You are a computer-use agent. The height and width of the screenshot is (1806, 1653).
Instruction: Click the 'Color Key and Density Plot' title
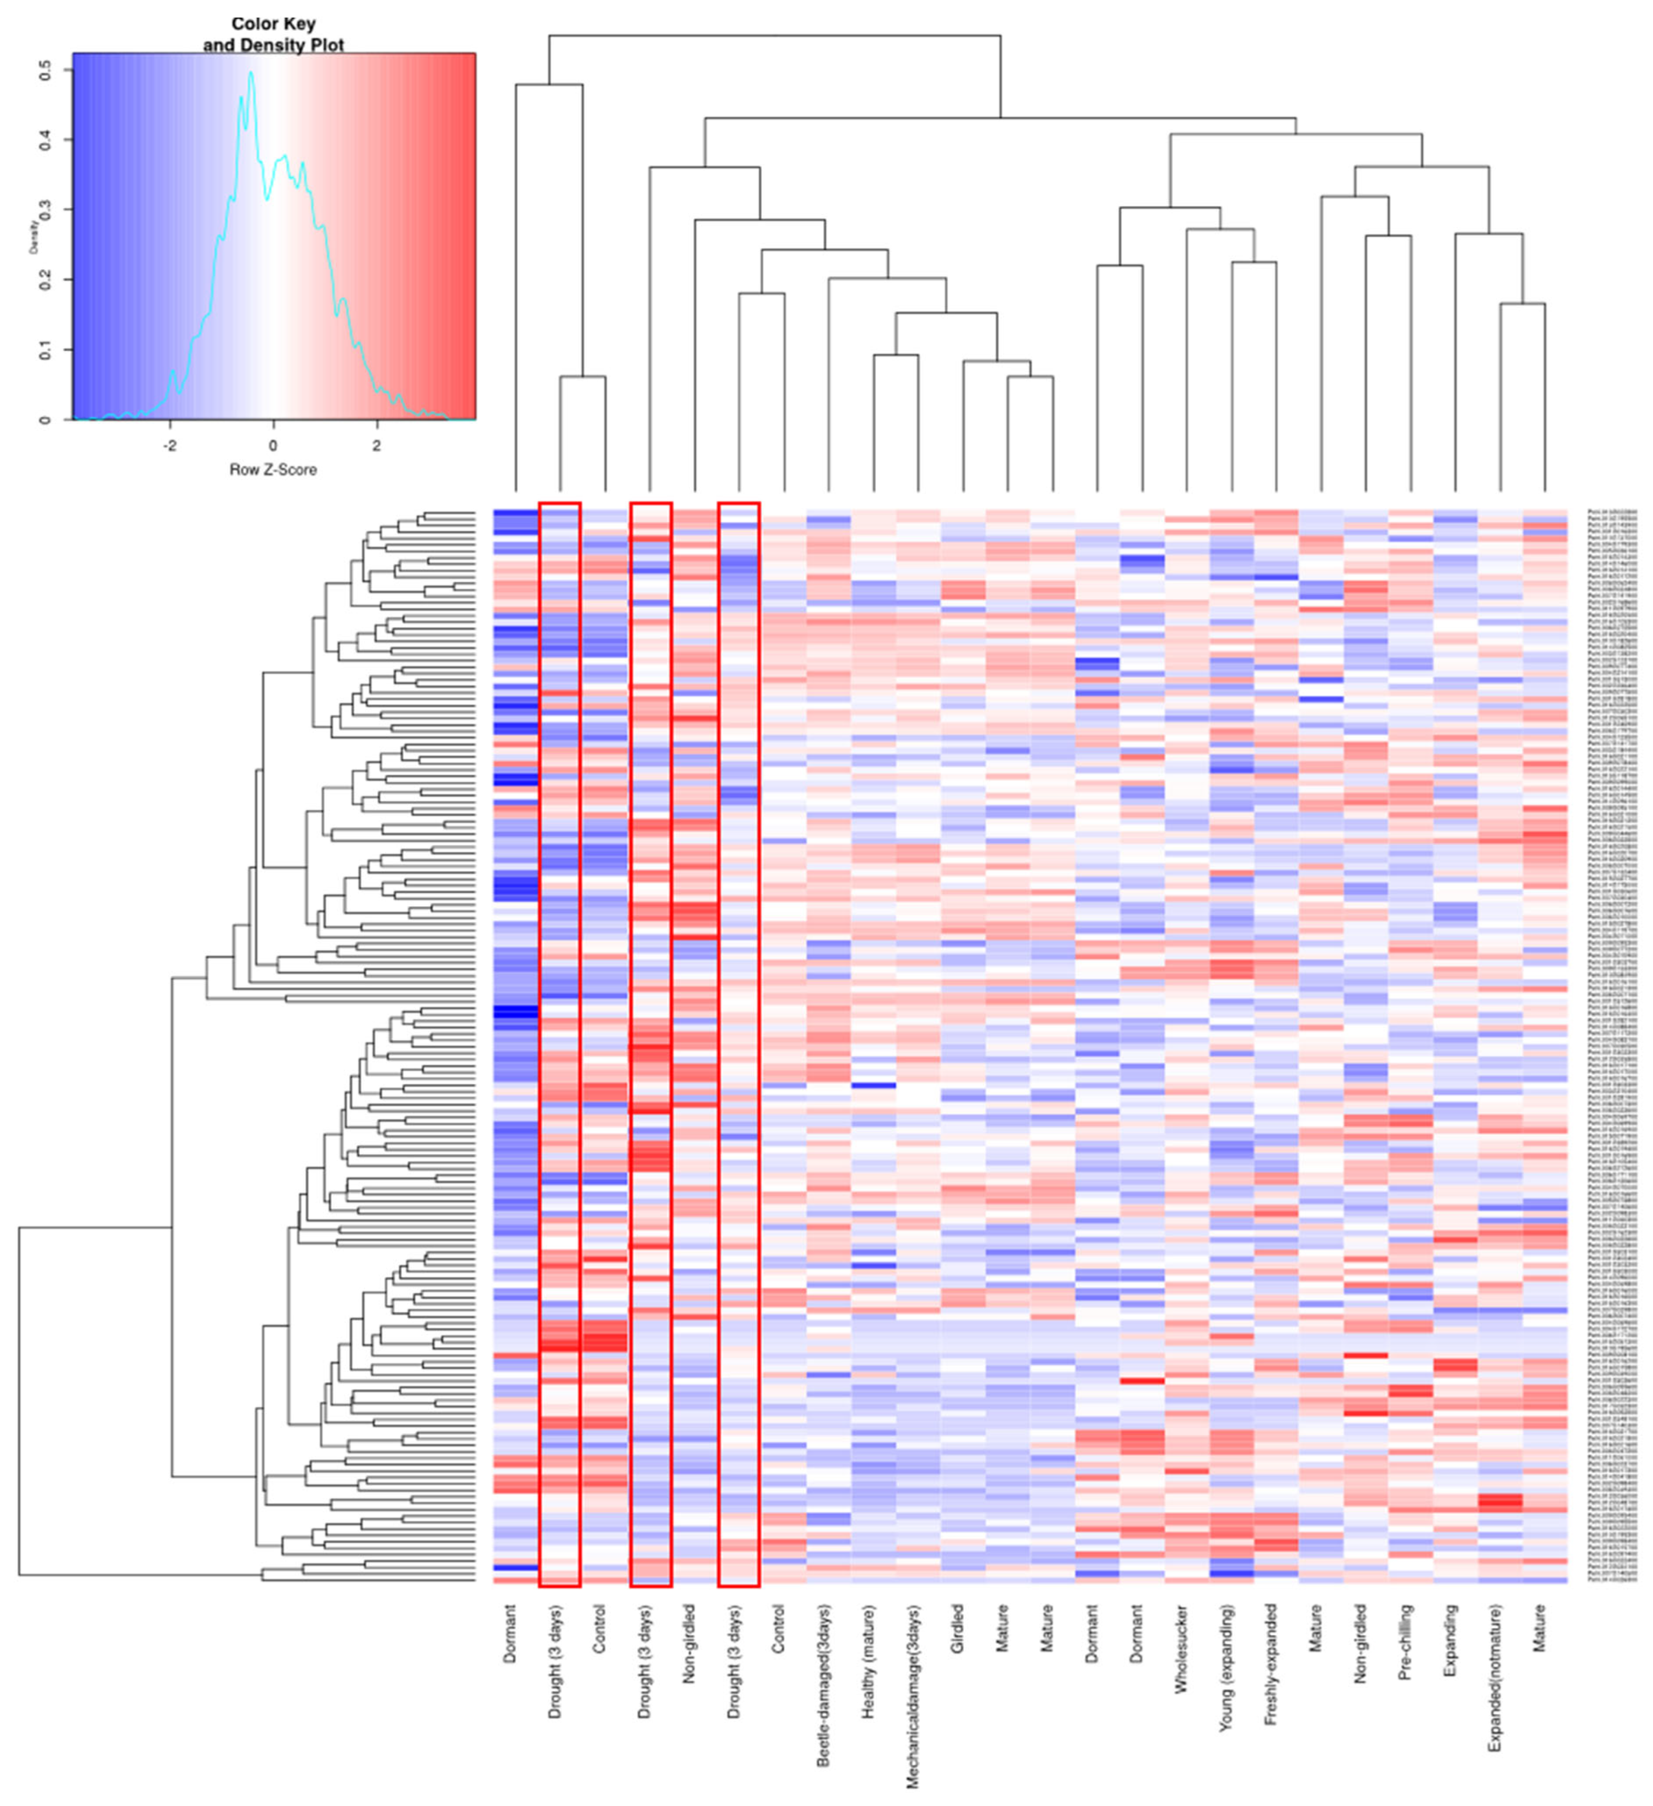pos(273,34)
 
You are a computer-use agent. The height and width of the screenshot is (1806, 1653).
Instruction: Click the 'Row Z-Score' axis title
pos(273,469)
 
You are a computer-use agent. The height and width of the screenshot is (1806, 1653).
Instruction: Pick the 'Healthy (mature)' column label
pos(867,1662)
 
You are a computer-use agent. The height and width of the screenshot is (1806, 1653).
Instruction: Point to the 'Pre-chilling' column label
pos(1405,1654)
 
